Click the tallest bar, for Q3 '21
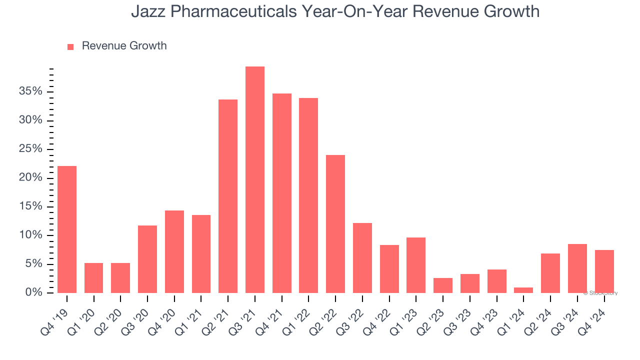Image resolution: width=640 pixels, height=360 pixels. [254, 179]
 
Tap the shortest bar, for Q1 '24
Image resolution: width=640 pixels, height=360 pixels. [523, 290]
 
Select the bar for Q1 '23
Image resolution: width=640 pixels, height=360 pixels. [416, 265]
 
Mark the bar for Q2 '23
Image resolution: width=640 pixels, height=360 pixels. [443, 285]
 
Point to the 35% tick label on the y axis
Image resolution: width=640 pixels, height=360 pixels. [31, 91]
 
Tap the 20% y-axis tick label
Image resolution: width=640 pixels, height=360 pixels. [31, 178]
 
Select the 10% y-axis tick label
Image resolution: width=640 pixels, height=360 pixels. [31, 235]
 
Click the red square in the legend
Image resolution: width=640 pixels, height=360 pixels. [70, 46]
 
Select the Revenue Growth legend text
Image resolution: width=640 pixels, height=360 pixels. [124, 46]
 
